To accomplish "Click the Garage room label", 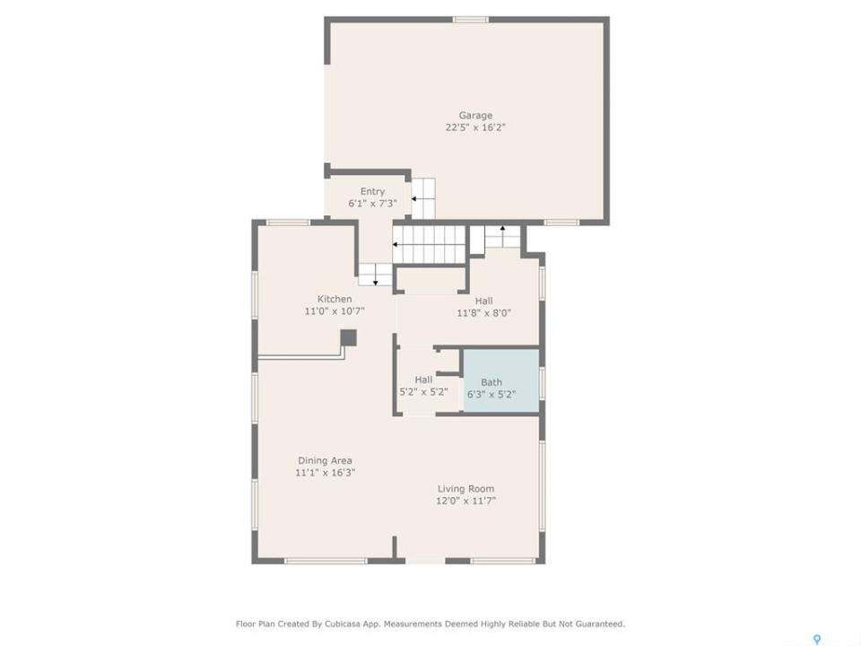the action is pyautogui.click(x=475, y=116).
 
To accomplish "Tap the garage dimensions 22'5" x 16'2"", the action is pyautogui.click(x=475, y=127).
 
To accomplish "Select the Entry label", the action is pyautogui.click(x=372, y=192).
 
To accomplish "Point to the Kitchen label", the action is pyautogui.click(x=335, y=299).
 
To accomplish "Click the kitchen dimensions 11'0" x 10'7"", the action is pyautogui.click(x=335, y=311).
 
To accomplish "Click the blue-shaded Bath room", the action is pyautogui.click(x=500, y=380).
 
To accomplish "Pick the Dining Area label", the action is pyautogui.click(x=325, y=460).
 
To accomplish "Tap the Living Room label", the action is pyautogui.click(x=465, y=489).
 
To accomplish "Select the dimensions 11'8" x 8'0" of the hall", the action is pyautogui.click(x=483, y=313).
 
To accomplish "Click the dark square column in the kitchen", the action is pyautogui.click(x=348, y=338).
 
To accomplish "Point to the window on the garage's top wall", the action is pyautogui.click(x=471, y=21).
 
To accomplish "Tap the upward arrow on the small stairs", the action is pyautogui.click(x=502, y=231).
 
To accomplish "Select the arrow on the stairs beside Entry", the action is pyautogui.click(x=422, y=198).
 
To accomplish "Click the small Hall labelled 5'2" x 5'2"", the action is pyautogui.click(x=423, y=386).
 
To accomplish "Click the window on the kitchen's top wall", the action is pyautogui.click(x=288, y=223).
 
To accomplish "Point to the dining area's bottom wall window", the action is pyautogui.click(x=326, y=561).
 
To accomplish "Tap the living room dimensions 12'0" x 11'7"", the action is pyautogui.click(x=465, y=501).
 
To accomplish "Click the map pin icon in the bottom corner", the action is pyautogui.click(x=817, y=639).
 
